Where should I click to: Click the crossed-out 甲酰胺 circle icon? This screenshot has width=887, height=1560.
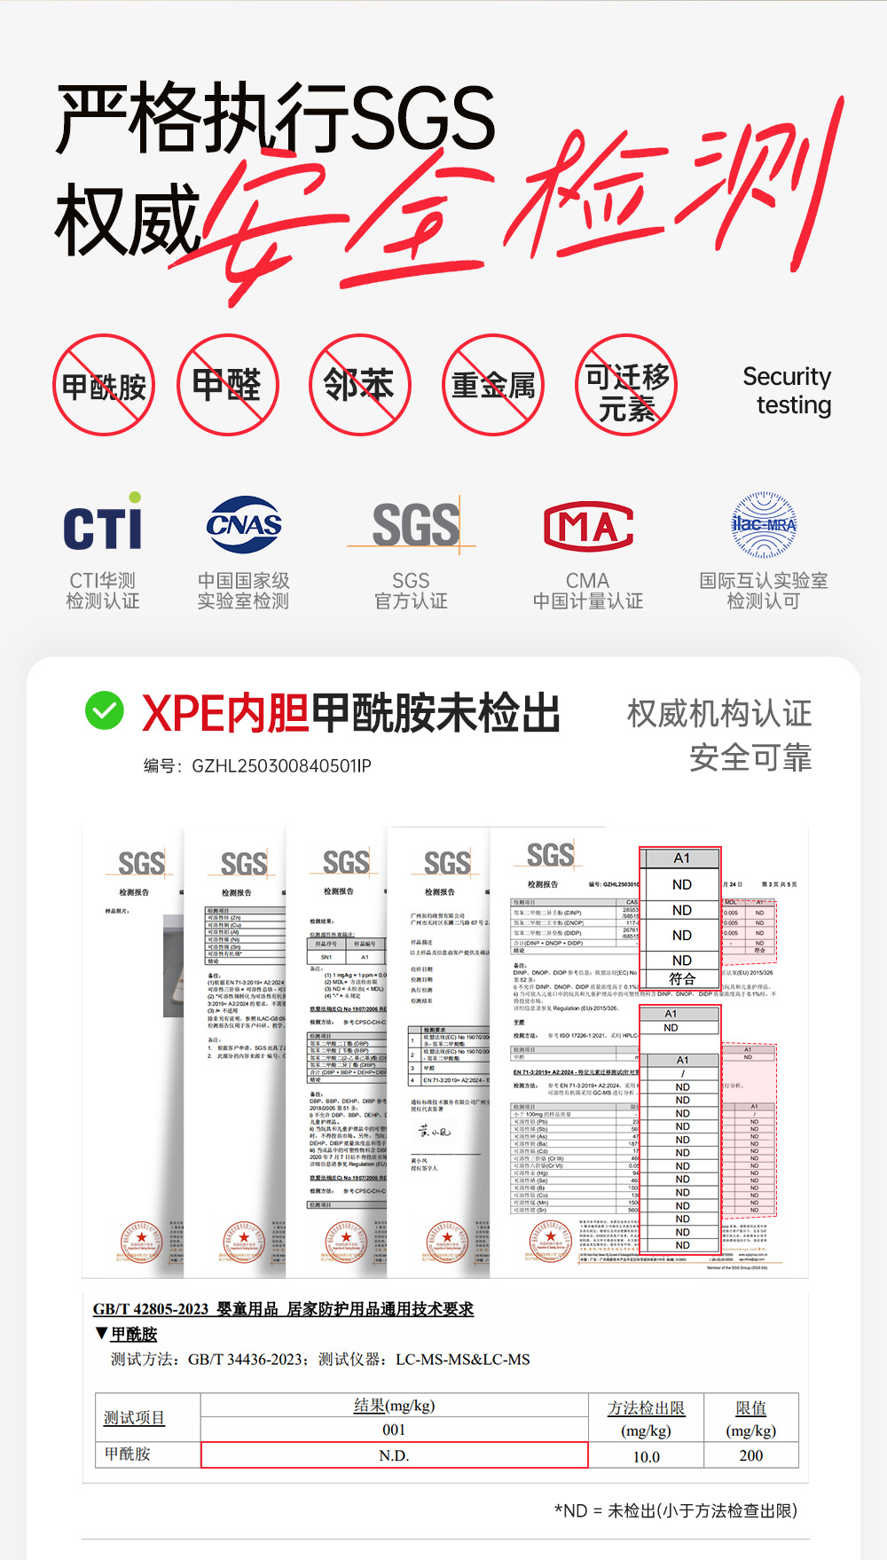coord(104,385)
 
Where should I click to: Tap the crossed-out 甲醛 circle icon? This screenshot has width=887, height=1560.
coord(228,385)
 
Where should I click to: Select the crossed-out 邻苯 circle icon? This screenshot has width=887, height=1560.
coord(359,385)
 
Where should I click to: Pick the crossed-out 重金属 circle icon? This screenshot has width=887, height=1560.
coord(493,385)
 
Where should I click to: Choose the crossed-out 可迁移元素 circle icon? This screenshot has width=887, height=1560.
coord(626,385)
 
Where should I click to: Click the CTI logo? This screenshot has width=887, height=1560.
coord(103,523)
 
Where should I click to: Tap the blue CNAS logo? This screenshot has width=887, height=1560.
coord(244,524)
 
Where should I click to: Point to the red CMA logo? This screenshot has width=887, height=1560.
coord(588,526)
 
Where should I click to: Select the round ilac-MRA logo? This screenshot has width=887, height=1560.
coord(764,524)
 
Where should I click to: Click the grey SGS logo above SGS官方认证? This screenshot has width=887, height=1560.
coord(415,525)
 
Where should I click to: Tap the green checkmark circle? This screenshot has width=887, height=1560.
coord(105,710)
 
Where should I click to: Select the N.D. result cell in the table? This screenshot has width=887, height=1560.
coord(394,1455)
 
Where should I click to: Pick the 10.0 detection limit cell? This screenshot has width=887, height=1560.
coord(646,1456)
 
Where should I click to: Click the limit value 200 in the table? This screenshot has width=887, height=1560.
coord(750,1455)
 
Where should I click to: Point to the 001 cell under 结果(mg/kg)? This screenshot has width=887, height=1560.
coord(394,1430)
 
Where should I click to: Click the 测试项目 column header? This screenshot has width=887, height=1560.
coord(134,1417)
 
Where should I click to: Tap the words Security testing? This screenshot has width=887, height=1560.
coord(787,390)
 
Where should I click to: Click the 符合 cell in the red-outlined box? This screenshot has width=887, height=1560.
coord(681,979)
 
